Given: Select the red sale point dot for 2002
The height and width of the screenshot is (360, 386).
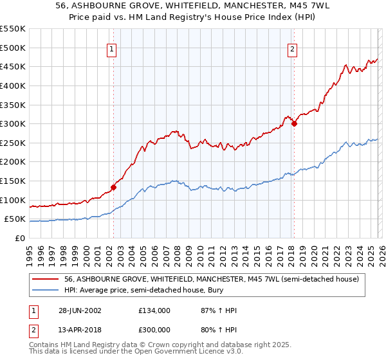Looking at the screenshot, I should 113,188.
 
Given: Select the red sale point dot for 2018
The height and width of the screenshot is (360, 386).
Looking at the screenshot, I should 294,124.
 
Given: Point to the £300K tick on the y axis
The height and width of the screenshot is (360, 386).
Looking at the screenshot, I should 13,123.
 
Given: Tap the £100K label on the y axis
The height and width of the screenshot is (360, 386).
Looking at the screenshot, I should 13,200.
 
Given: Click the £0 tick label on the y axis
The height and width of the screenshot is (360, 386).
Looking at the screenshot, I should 19,238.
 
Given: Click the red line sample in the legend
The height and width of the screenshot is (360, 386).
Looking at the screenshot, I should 46,279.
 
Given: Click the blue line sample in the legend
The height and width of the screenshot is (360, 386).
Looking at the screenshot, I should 46,290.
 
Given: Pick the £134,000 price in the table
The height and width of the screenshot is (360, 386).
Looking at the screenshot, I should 154,310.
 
